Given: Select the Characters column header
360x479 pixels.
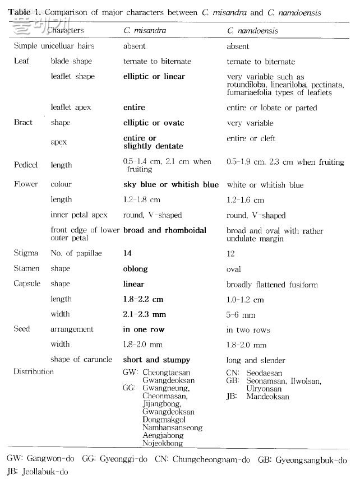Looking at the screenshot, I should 66,31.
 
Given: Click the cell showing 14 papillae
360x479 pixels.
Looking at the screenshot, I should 127,254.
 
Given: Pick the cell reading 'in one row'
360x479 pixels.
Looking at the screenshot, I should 144,329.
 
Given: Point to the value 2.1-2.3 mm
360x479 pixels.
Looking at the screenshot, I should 145,314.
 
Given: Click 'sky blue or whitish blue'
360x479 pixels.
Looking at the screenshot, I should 171,184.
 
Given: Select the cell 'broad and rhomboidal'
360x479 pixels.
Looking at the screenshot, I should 165,230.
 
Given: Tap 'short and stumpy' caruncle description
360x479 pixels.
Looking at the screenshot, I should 156,360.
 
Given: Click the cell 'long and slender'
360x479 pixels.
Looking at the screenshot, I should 256,360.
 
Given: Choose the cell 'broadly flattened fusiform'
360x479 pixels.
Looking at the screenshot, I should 272,285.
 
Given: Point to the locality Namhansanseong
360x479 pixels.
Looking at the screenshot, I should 173,427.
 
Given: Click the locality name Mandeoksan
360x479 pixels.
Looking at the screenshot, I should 268,397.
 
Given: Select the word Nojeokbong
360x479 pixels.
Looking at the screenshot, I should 163,443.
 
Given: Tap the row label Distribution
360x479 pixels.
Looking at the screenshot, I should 34,371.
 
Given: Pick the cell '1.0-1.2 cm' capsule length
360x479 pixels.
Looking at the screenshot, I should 245,300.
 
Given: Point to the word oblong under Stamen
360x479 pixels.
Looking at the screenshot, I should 135,269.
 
